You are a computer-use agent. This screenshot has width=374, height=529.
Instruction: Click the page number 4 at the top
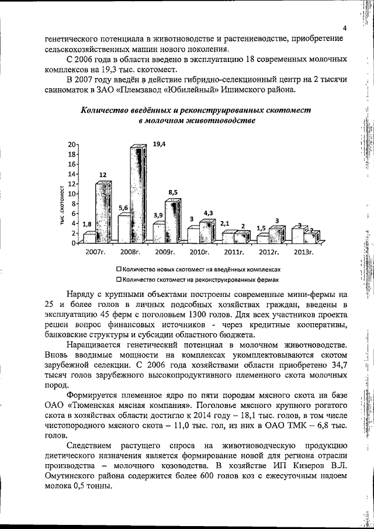[x=345, y=29]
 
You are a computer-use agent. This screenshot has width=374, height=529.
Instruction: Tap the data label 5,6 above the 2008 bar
[x=123, y=208]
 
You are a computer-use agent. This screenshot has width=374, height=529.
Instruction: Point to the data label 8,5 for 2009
[x=174, y=192]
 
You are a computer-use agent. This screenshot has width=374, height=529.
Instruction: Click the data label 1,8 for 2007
[x=87, y=224]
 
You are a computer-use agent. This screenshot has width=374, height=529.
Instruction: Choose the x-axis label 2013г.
[x=304, y=252]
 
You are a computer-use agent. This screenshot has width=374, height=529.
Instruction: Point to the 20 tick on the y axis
[x=72, y=144]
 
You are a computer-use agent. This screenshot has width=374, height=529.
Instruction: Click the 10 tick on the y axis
[x=72, y=194]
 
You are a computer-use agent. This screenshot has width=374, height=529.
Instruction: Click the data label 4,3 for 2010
[x=209, y=213]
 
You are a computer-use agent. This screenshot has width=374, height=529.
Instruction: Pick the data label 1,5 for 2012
[x=261, y=227]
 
